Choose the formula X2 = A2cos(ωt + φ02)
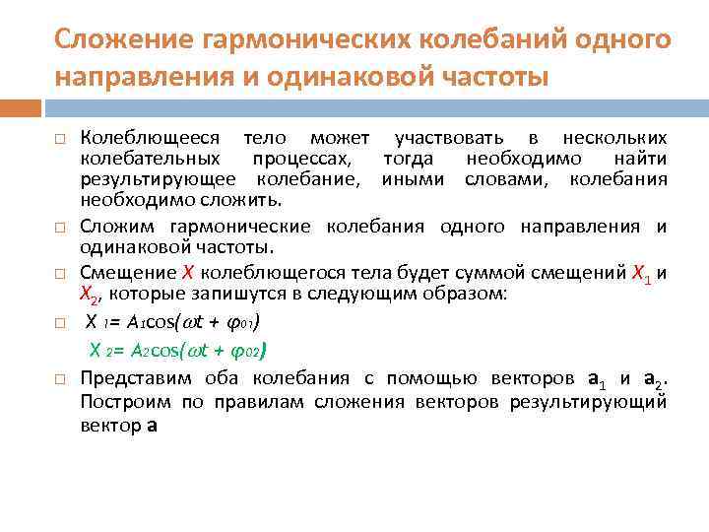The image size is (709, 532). [x=177, y=349]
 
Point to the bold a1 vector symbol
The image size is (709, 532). [x=595, y=378]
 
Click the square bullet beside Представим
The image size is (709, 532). [x=60, y=378]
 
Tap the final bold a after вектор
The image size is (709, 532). [x=151, y=427]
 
